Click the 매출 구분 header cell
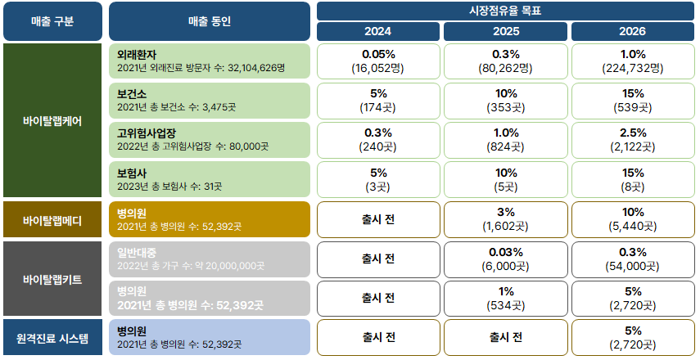pyautogui.click(x=52, y=21)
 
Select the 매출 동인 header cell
pyautogui.click(x=209, y=21)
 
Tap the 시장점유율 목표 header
pyautogui.click(x=506, y=11)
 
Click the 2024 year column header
pyautogui.click(x=378, y=32)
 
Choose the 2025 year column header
pyautogui.click(x=505, y=32)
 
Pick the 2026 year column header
pyautogui.click(x=633, y=32)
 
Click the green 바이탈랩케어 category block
pyautogui.click(x=52, y=120)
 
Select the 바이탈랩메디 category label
pyautogui.click(x=52, y=220)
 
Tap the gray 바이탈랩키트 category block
pyautogui.click(x=52, y=279)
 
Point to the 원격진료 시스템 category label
pyautogui.click(x=52, y=337)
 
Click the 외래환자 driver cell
pyautogui.click(x=209, y=61)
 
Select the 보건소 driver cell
pyautogui.click(x=209, y=101)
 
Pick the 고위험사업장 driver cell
pyautogui.click(x=209, y=140)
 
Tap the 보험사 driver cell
pyautogui.click(x=209, y=179)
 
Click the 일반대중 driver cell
pyautogui.click(x=209, y=259)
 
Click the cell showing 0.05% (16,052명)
pyautogui.click(x=378, y=61)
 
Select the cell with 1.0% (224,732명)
pyautogui.click(x=633, y=61)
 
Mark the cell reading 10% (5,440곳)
pyautogui.click(x=633, y=219)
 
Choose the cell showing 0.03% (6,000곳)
pyautogui.click(x=505, y=259)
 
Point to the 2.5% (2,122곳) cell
pyautogui.click(x=633, y=140)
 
